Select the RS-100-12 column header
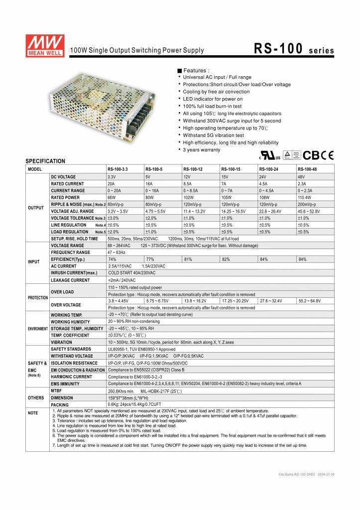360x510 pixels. [193, 169]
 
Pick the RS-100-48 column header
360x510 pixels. [307, 169]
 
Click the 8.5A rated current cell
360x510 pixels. [189, 184]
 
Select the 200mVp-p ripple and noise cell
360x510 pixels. [307, 204]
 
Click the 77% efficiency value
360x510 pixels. [150, 259]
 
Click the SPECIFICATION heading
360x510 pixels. [45, 161]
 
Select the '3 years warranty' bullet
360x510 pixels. [201, 150]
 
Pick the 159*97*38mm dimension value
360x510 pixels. [124, 398]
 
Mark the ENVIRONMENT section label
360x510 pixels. [37, 329]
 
